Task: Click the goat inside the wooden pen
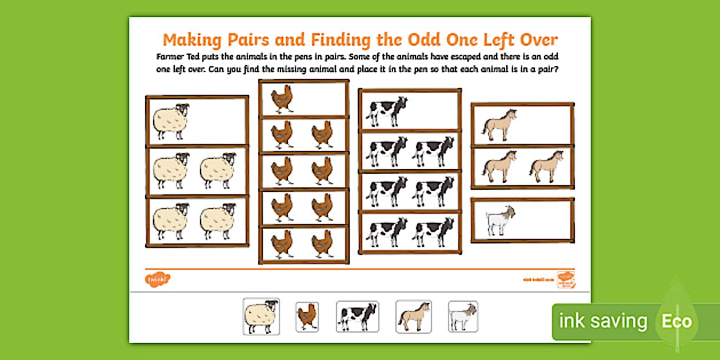coord(501,221)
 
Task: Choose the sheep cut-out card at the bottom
coord(261,316)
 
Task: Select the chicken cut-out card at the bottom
coord(307,317)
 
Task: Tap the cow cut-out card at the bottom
coord(357,316)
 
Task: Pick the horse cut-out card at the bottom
coord(413,316)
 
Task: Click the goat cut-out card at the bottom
coord(463,316)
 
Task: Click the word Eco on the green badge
coord(677,321)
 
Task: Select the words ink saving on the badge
coord(603,321)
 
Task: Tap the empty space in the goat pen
coord(546,221)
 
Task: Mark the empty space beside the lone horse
coord(546,125)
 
